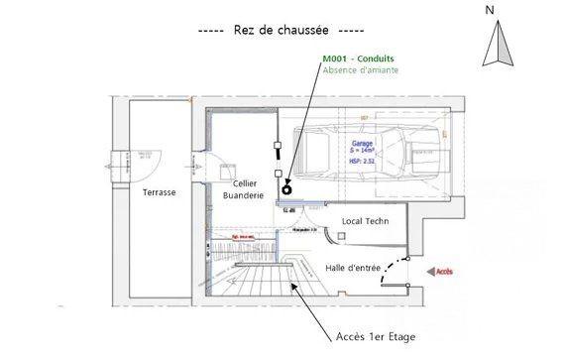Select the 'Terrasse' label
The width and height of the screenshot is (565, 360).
pyautogui.click(x=159, y=192)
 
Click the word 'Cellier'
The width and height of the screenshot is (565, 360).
pyautogui.click(x=245, y=183)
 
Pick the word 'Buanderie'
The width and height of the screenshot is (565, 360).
pyautogui.click(x=244, y=196)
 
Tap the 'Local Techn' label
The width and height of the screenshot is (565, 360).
pyautogui.click(x=365, y=220)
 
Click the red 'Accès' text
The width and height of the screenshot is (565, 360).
pyautogui.click(x=444, y=270)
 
